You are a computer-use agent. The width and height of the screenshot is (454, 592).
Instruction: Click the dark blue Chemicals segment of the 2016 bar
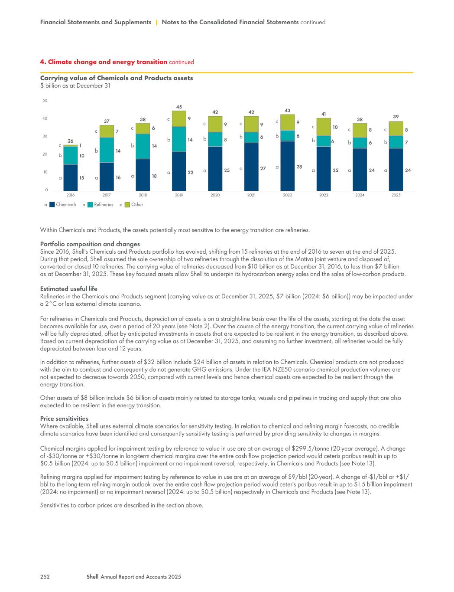[70, 177]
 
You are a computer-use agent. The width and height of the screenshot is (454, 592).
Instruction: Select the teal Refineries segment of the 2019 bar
[179, 139]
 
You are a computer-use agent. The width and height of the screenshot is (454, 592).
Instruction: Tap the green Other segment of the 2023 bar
[324, 127]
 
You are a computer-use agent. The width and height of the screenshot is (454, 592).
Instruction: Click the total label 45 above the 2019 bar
[179, 107]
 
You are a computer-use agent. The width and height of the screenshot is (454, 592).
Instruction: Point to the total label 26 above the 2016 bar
[70, 141]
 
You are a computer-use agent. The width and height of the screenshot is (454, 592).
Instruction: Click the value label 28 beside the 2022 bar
[299, 167]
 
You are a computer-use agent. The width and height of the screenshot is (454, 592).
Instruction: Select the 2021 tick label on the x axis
[251, 195]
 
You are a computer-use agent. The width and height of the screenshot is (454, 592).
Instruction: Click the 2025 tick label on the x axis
[396, 195]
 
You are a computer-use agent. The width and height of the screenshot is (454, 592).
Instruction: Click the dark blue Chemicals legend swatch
[52, 205]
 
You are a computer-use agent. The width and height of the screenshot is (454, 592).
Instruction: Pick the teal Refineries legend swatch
[90, 205]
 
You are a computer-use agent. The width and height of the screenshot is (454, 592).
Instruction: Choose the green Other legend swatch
[127, 205]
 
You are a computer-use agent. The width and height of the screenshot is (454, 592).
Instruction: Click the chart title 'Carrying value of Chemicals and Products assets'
[117, 78]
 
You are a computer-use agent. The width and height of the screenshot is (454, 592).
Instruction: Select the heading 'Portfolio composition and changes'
[90, 244]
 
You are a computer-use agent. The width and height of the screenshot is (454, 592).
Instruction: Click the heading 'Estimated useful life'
[68, 289]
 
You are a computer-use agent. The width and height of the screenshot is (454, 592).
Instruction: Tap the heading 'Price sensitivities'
[64, 419]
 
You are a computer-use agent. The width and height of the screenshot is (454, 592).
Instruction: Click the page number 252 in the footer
[45, 577]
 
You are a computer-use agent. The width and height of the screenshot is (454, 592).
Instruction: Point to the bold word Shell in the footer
[93, 577]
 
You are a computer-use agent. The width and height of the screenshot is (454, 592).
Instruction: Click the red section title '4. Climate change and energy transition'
[104, 62]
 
